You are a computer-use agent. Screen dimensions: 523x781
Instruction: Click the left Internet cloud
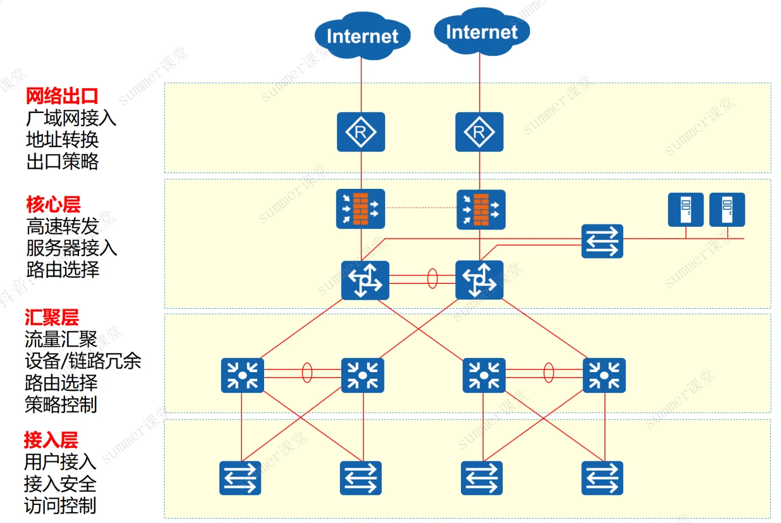pos(362,36)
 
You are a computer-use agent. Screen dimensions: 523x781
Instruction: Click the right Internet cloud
pos(481,32)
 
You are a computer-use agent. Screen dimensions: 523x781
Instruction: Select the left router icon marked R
pos(361,132)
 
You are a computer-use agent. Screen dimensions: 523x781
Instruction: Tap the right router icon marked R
pos(479,132)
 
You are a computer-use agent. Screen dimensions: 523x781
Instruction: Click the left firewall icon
pos(360,209)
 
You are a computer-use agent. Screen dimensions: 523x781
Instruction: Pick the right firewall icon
pos(481,209)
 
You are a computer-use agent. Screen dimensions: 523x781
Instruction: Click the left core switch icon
pos(365,280)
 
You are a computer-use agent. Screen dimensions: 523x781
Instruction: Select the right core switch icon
pos(479,279)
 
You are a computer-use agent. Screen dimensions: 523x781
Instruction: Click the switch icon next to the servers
pos(602,241)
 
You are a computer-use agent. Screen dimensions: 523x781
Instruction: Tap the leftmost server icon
pos(685,209)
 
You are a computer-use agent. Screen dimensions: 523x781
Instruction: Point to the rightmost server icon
pos(727,209)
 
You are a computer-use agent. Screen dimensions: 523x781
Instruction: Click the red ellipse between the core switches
pos(433,279)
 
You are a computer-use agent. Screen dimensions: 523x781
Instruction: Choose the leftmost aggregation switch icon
pos(242,375)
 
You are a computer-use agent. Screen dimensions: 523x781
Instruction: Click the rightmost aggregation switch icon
pos(604,375)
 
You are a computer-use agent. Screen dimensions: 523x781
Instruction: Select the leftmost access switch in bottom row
pos(240,478)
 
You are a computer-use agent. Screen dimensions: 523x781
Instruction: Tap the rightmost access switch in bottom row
pos(602,478)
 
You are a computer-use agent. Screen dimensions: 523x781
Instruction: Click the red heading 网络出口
pos(62,96)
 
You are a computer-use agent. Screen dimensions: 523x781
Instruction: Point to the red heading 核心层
pos(53,204)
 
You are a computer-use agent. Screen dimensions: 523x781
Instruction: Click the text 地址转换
pos(62,140)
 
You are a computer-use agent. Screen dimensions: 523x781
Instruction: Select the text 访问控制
pos(60,505)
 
